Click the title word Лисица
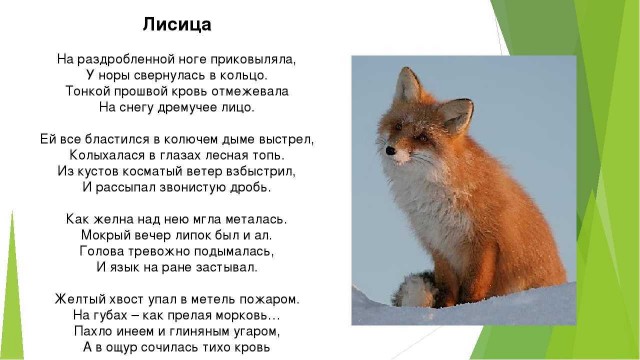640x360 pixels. pyautogui.click(x=177, y=22)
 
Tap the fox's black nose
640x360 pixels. pyautogui.click(x=391, y=154)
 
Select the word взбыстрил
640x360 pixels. pyautogui.click(x=264, y=171)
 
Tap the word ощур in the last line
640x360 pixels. pyautogui.click(x=135, y=347)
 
